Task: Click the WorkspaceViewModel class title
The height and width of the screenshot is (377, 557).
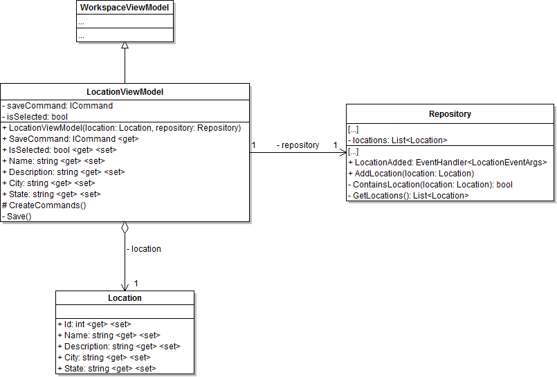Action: (x=125, y=8)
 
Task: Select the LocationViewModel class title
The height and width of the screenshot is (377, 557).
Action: (x=125, y=91)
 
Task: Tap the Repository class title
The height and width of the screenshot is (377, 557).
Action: (x=450, y=113)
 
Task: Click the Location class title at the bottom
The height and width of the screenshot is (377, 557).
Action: (x=125, y=298)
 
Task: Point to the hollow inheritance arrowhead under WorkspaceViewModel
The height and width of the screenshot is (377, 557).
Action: (x=125, y=46)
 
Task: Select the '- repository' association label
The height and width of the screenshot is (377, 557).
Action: (x=298, y=145)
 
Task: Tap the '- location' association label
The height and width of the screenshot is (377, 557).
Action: (x=144, y=248)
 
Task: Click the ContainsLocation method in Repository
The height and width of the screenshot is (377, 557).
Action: (x=432, y=185)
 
